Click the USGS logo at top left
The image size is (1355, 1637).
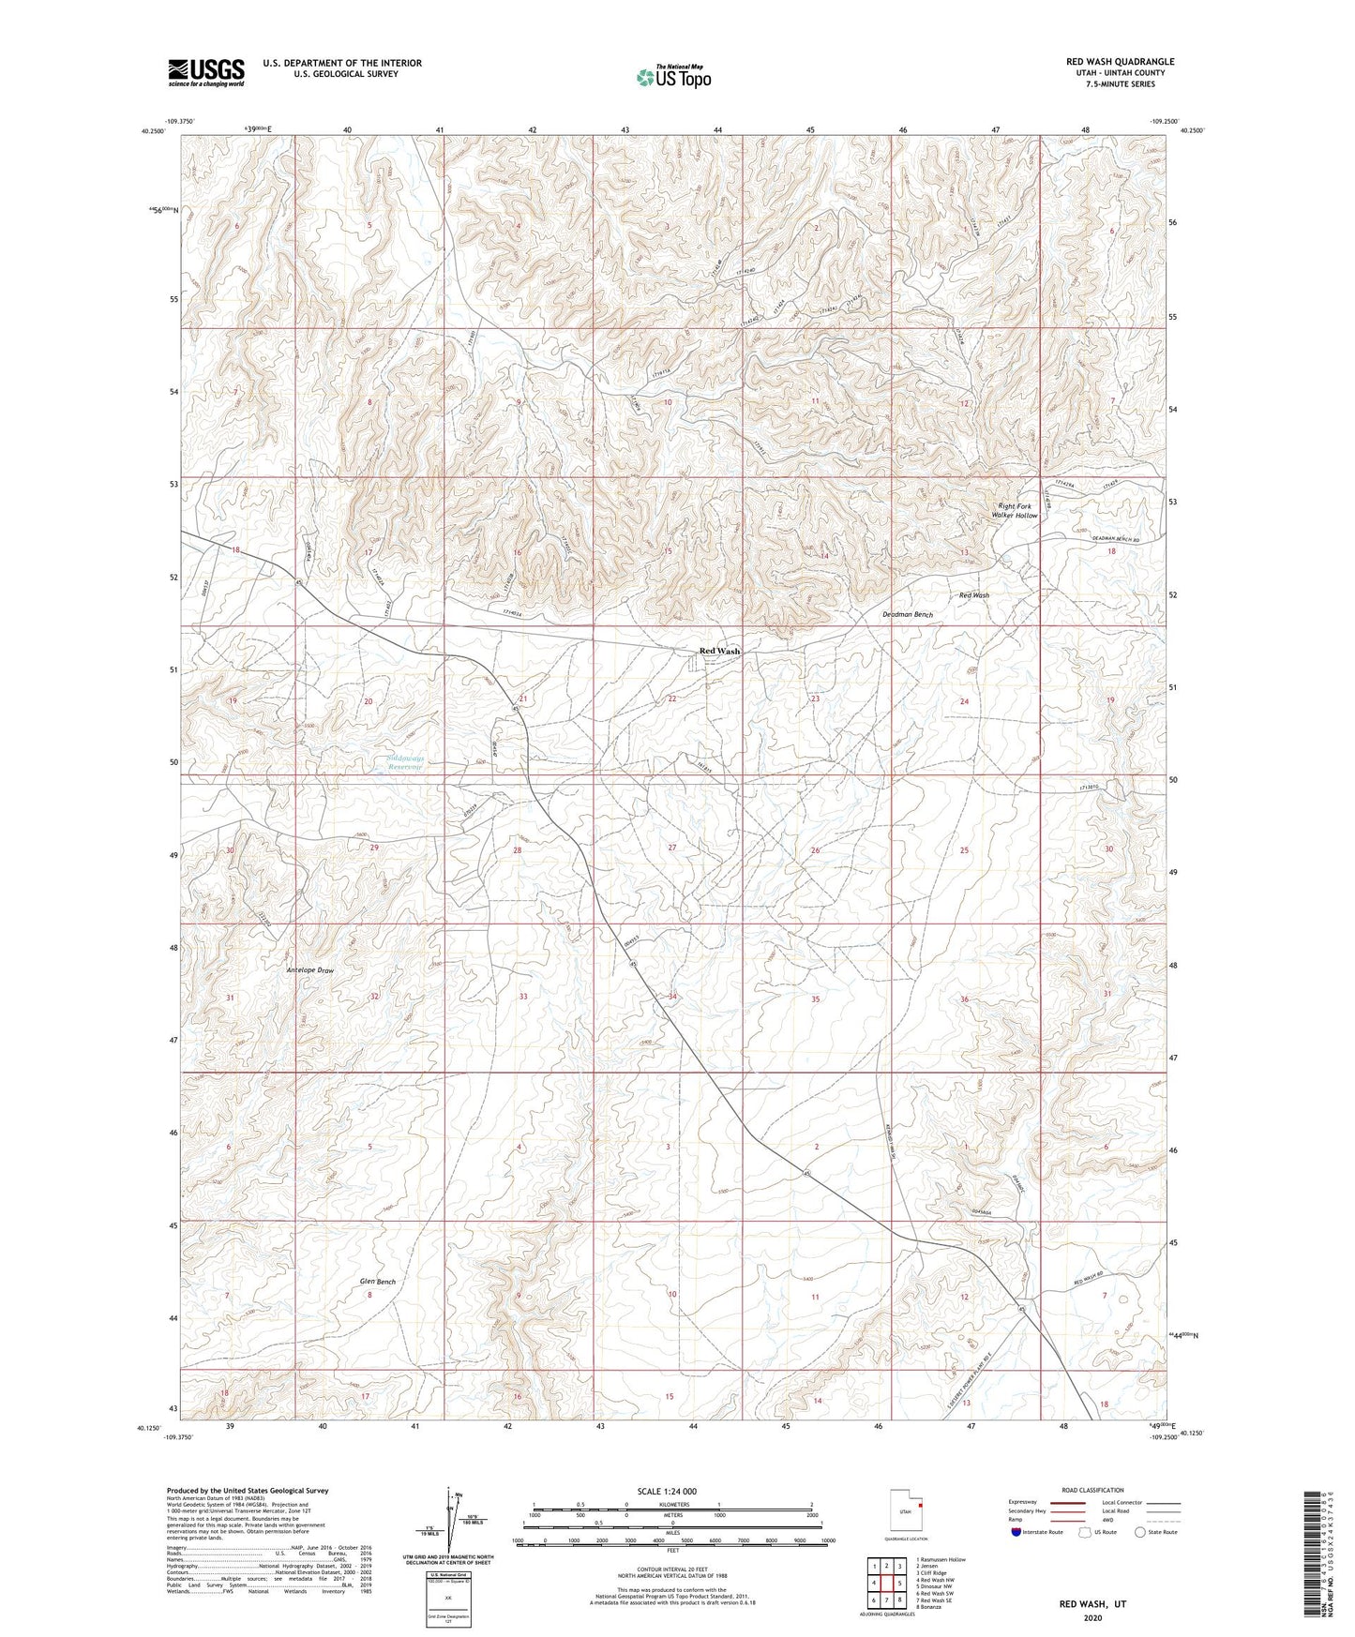pos(206,71)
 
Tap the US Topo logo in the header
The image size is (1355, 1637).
pos(672,77)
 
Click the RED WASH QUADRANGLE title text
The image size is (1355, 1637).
pos(1120,62)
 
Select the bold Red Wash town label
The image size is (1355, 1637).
pos(719,651)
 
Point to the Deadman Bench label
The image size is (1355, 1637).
pos(908,615)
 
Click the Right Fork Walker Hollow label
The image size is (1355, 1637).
pos(1016,511)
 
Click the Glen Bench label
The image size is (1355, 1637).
pos(378,1281)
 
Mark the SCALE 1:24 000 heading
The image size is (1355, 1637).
pos(666,1491)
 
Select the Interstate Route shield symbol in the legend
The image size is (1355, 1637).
pos(1017,1532)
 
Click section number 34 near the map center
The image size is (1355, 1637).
pos(671,997)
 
